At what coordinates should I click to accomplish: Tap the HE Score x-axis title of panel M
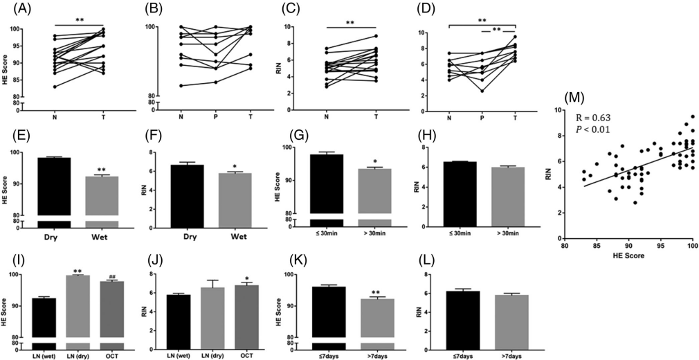(628, 258)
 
